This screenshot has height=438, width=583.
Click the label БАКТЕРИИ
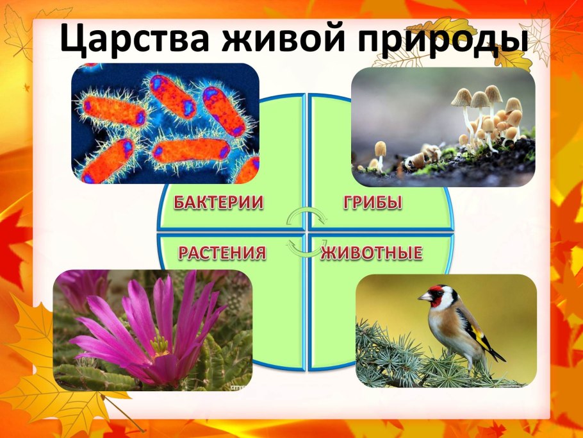[218, 203]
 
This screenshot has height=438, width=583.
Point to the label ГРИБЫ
[373, 203]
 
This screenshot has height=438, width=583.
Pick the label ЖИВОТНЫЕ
[372, 253]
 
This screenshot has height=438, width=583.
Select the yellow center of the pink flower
[159, 346]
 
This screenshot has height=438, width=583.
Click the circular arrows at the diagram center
[304, 232]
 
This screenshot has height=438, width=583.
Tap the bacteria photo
[165, 123]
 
